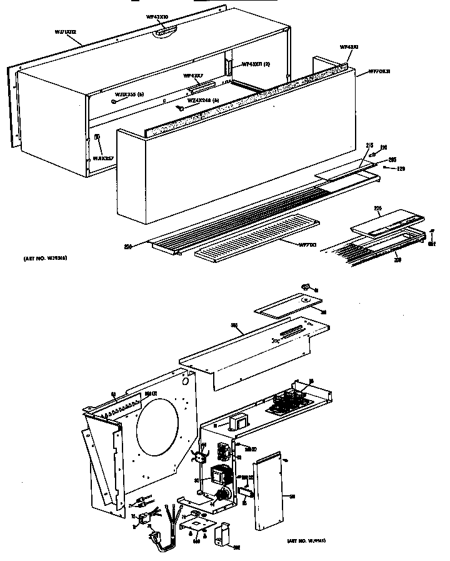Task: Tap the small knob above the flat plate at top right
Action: click(306, 287)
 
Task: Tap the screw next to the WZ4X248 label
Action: click(180, 107)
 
